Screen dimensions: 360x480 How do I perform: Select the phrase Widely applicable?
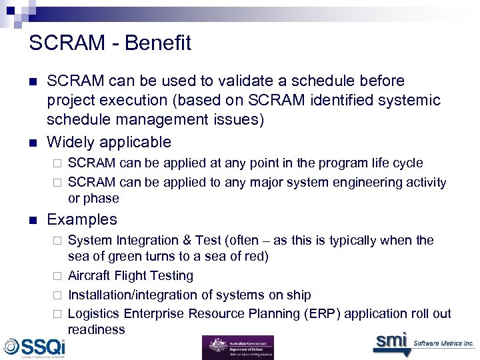(109, 142)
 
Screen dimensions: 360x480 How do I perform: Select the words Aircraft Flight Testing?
(131, 276)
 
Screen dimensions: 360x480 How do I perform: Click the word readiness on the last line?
(96, 330)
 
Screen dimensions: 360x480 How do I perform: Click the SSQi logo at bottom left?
(35, 347)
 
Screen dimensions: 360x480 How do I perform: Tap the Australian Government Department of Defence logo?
(237, 347)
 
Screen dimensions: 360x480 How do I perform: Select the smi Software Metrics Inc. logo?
(423, 342)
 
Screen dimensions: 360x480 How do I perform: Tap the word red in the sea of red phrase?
(255, 257)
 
